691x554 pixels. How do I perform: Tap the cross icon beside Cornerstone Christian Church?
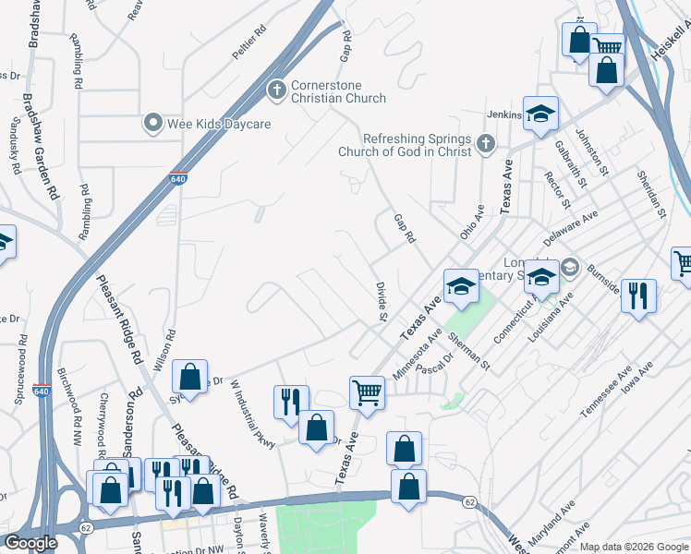(x=275, y=90)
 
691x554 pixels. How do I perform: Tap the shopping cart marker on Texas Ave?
(x=368, y=392)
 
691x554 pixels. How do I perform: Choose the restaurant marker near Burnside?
(x=638, y=296)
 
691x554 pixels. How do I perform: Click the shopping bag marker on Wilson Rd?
(x=189, y=377)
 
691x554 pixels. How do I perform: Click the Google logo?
(x=31, y=543)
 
